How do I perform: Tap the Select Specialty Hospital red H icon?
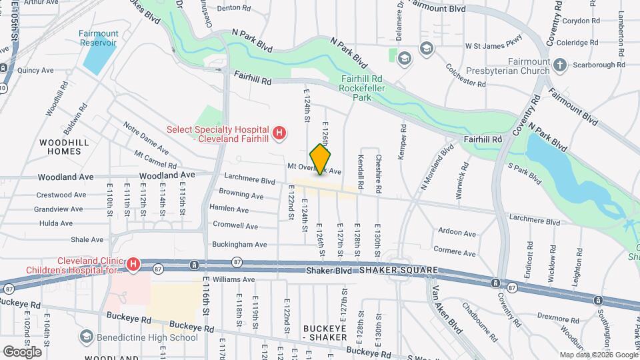(x=280, y=133)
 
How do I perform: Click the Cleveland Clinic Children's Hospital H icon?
(x=133, y=265)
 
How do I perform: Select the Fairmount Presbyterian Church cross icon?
(x=560, y=65)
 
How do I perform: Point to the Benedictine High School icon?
(x=86, y=337)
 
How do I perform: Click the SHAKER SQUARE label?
(x=398, y=269)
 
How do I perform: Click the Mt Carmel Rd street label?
(x=155, y=159)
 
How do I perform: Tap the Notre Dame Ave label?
(x=145, y=135)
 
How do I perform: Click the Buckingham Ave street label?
(x=238, y=245)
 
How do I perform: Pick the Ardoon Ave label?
(x=457, y=233)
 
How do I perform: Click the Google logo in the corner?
(x=22, y=351)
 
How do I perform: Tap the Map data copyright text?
(x=597, y=355)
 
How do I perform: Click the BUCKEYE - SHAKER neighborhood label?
(x=325, y=333)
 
